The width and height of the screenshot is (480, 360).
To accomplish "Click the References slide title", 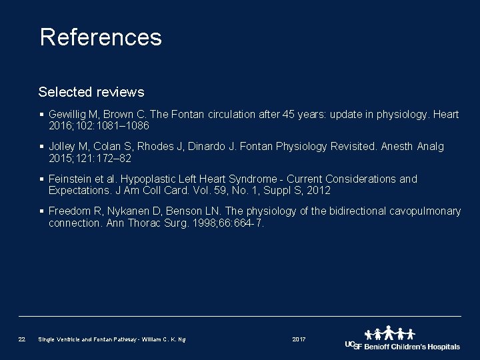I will pyautogui.click(x=101, y=37).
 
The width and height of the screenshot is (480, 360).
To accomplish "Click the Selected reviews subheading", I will pyautogui.click(x=91, y=91).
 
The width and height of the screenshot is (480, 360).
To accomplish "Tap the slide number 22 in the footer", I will pyautogui.click(x=22, y=340).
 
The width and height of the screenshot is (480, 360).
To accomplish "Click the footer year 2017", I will pyautogui.click(x=299, y=340).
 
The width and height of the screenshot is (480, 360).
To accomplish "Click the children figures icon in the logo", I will pyautogui.click(x=390, y=333).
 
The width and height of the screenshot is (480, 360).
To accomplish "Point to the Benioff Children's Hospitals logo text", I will pyautogui.click(x=411, y=347).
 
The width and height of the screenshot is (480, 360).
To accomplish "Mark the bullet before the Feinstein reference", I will pyautogui.click(x=42, y=179).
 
